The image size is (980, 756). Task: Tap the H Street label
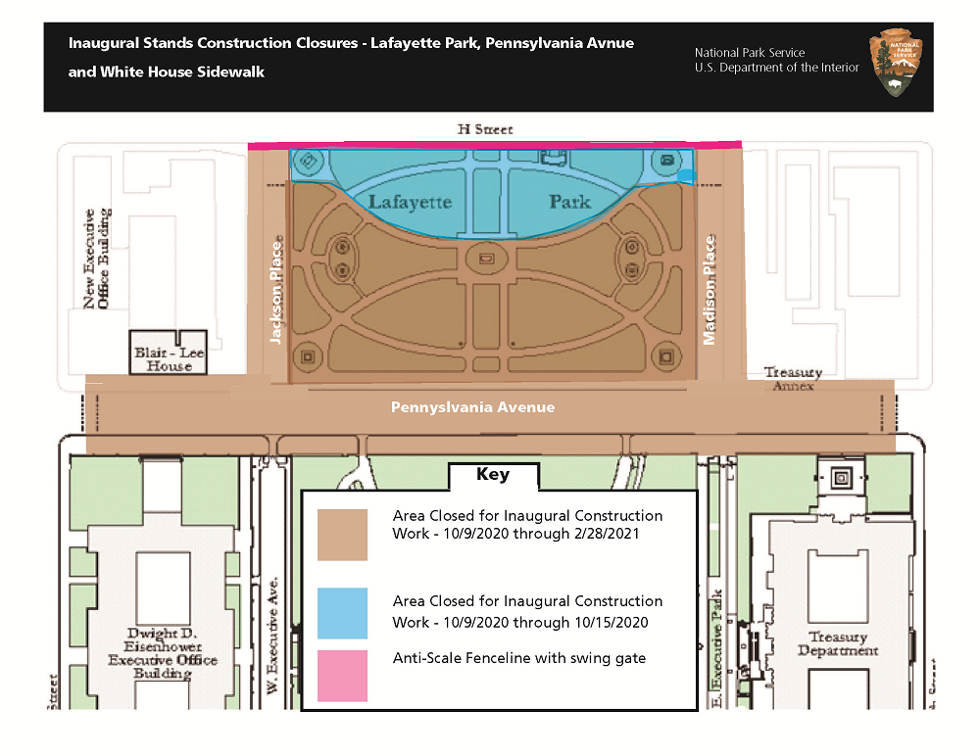tap(485, 129)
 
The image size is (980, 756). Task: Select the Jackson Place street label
tap(276, 289)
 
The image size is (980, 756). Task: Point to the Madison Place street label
tap(709, 290)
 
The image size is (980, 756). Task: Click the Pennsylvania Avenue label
tap(472, 407)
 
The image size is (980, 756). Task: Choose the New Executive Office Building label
tap(96, 259)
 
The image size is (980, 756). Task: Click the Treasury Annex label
tap(793, 379)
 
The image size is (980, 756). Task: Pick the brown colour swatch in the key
tap(342, 534)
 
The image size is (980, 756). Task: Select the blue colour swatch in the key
tap(342, 613)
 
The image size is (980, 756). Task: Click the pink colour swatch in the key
tap(342, 676)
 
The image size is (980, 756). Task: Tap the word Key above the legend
tap(493, 475)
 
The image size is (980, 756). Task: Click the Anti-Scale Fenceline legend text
tap(518, 658)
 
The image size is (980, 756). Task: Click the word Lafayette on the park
tap(410, 202)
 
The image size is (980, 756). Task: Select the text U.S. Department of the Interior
tap(776, 68)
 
